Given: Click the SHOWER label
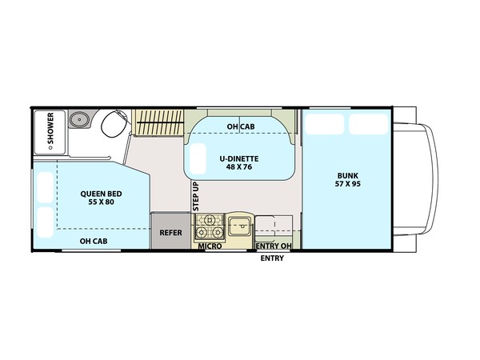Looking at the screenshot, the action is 50,128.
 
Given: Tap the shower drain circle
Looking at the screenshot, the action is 50,148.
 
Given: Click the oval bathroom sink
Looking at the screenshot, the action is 79,118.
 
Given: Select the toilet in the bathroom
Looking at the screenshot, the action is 114,124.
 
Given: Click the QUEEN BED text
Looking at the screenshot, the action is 101,194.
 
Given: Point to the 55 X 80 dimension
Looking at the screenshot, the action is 102,202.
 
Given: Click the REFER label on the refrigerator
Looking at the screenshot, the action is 171,233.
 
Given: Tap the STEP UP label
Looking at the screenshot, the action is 196,196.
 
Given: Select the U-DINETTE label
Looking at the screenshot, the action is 239,159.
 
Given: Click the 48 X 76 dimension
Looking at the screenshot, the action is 239,167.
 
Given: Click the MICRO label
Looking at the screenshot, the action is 210,246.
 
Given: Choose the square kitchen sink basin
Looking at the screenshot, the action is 240,226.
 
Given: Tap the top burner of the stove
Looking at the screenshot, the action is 210,219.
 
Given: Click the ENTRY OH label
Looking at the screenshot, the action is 274,246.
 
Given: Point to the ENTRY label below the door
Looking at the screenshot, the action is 272,258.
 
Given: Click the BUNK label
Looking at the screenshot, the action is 348,176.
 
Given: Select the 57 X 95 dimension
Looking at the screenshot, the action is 348,184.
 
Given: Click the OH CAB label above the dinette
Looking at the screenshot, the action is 241,126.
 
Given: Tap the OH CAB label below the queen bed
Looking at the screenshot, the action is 94,242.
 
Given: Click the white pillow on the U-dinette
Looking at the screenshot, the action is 198,158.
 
